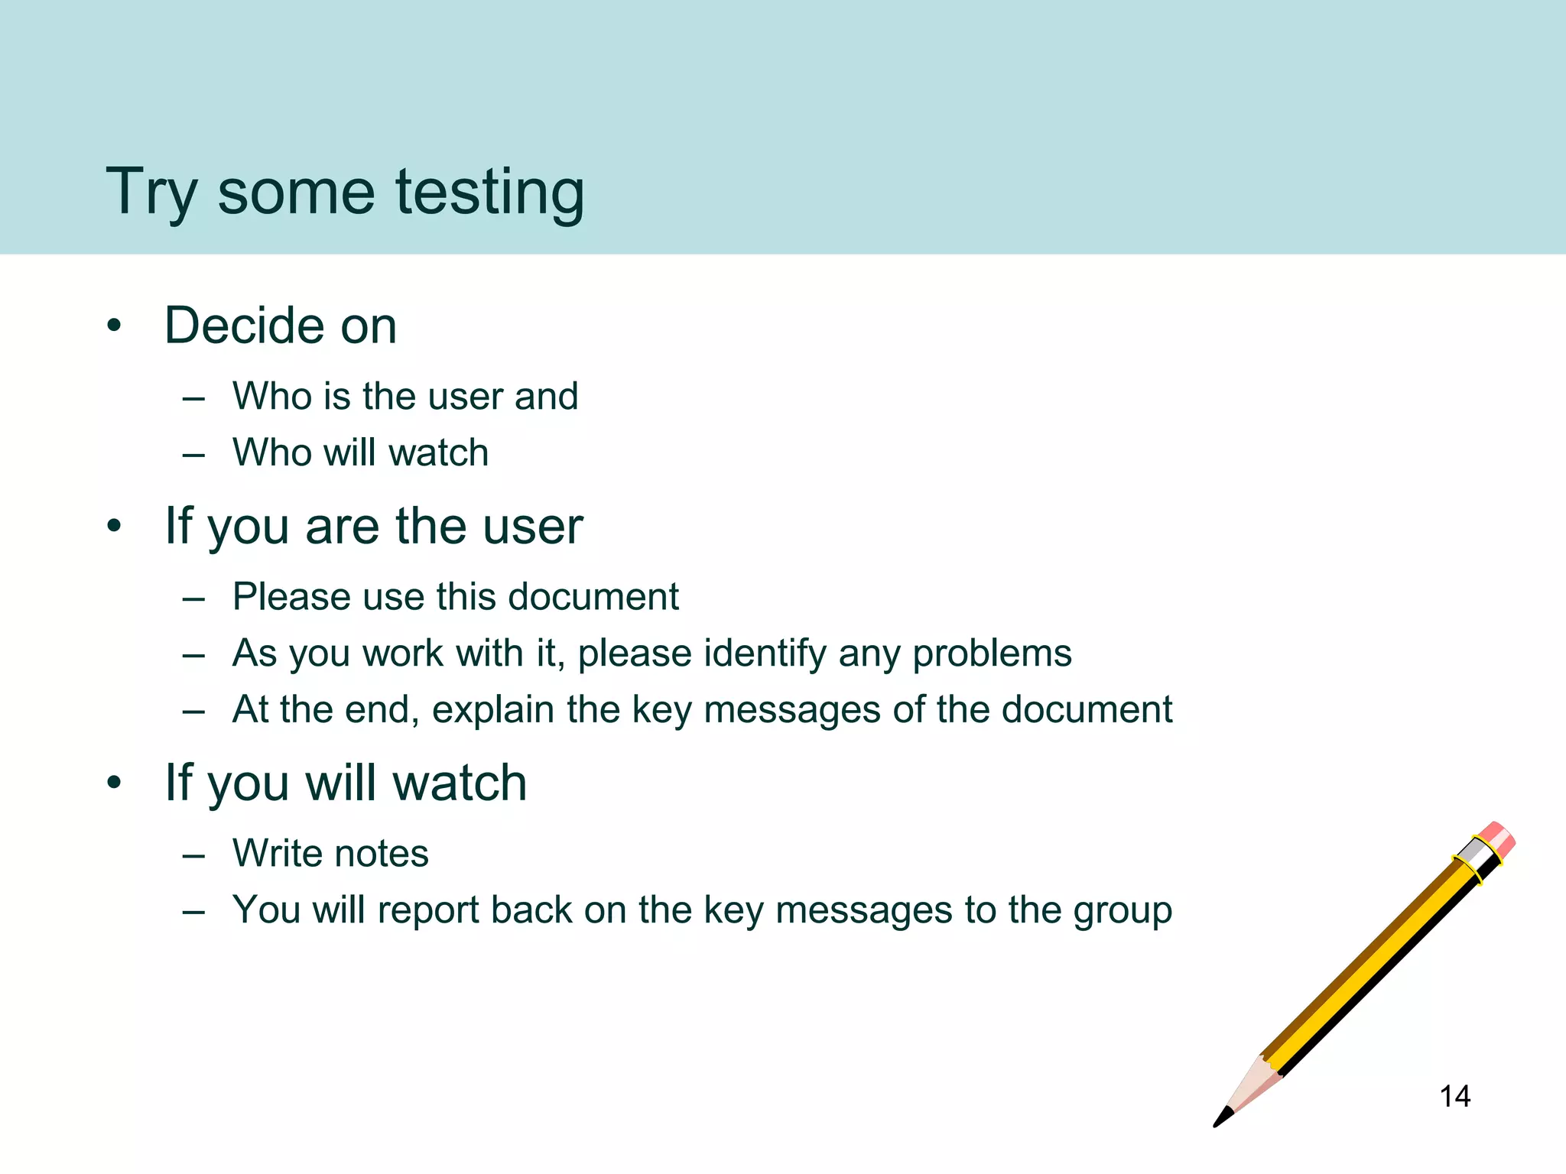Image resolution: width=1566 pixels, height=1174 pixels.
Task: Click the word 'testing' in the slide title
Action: point(489,193)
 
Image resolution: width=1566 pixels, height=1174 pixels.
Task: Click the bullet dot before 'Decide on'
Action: point(115,327)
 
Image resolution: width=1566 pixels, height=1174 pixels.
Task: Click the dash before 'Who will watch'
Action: point(194,455)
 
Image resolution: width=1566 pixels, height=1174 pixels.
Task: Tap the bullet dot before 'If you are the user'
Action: point(115,527)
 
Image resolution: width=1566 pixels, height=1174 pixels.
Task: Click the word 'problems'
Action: point(992,653)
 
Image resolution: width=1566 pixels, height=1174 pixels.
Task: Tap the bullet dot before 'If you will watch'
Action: point(115,783)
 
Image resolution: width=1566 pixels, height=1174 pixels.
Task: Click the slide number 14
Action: point(1454,1097)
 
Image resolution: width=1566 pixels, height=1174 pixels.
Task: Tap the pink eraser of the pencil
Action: point(1497,838)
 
